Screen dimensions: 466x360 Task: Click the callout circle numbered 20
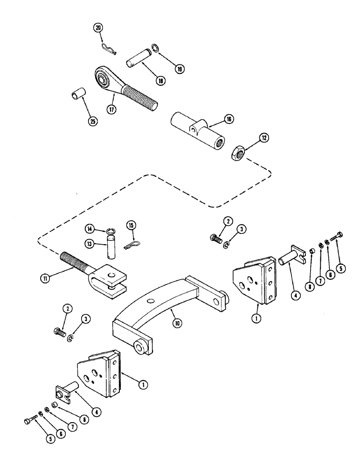click(x=99, y=28)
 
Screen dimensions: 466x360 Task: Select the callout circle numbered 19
click(x=180, y=69)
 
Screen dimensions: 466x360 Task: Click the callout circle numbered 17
click(x=111, y=110)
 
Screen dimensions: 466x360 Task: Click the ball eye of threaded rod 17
click(x=102, y=76)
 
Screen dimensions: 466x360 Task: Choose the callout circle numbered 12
click(x=264, y=139)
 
